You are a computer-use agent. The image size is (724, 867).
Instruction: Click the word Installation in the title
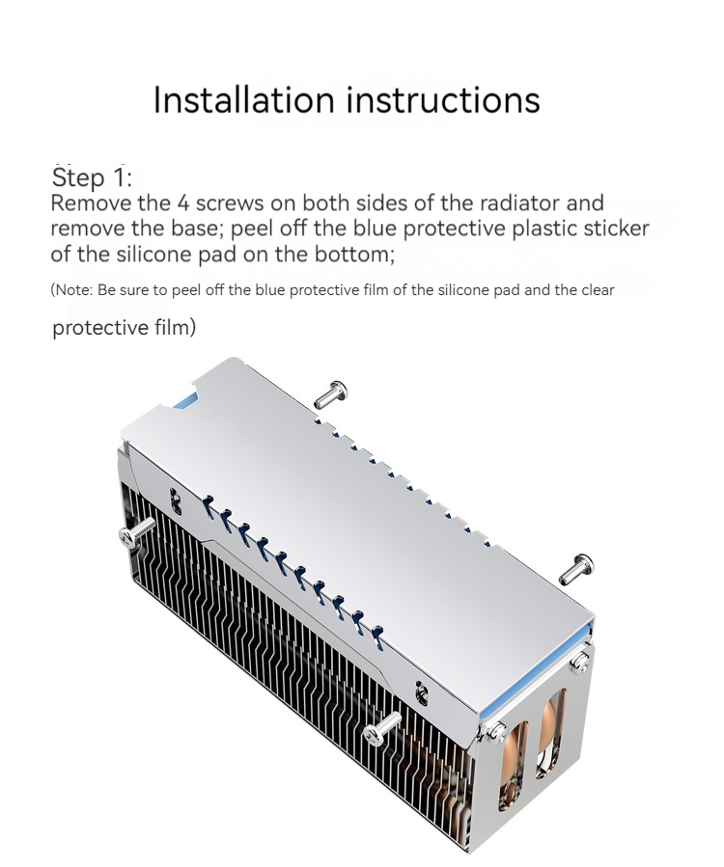[244, 99]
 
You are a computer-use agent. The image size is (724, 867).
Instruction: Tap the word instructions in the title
[443, 99]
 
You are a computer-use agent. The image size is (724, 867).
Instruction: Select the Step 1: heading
[92, 177]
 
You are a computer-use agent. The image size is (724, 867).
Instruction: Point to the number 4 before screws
[183, 203]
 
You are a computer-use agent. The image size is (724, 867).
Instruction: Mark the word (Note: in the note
[71, 289]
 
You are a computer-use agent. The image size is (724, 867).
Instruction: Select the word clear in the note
[598, 289]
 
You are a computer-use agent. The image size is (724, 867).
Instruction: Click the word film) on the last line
[175, 327]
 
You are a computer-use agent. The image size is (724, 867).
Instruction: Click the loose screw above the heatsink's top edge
[331, 394]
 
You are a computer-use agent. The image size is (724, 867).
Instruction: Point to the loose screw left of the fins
[137, 533]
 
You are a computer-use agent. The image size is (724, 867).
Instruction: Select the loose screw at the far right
[576, 570]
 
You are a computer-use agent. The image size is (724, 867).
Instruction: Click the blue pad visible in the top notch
[186, 402]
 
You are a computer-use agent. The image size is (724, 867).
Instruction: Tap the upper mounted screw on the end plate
[579, 662]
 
